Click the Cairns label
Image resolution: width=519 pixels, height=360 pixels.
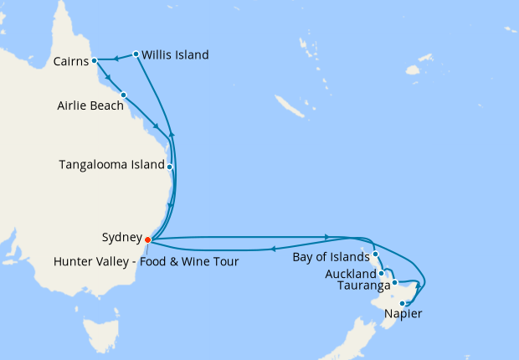tap(70, 61)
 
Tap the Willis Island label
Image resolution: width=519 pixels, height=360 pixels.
tap(175, 55)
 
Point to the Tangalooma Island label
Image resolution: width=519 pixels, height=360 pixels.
tap(111, 165)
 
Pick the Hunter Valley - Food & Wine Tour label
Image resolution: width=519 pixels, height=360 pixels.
tap(146, 261)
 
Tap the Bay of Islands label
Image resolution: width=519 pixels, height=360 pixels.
tap(331, 257)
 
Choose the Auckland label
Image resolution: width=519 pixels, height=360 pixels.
tap(352, 274)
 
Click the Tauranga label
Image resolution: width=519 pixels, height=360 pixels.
tap(364, 285)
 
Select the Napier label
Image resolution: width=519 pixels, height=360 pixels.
tap(403, 314)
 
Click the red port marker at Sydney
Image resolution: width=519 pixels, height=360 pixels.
tap(147, 239)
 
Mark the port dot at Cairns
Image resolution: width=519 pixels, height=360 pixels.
tap(95, 60)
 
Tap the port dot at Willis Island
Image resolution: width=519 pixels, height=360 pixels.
tap(136, 54)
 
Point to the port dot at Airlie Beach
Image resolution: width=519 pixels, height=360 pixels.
tap(123, 95)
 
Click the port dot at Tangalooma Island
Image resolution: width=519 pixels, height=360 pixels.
tap(170, 167)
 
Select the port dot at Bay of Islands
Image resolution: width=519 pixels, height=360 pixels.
tap(376, 254)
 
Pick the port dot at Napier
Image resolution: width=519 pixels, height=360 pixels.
tap(403, 303)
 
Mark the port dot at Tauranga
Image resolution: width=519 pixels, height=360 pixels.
tap(394, 283)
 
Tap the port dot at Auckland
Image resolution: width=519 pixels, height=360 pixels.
tap(381, 272)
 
